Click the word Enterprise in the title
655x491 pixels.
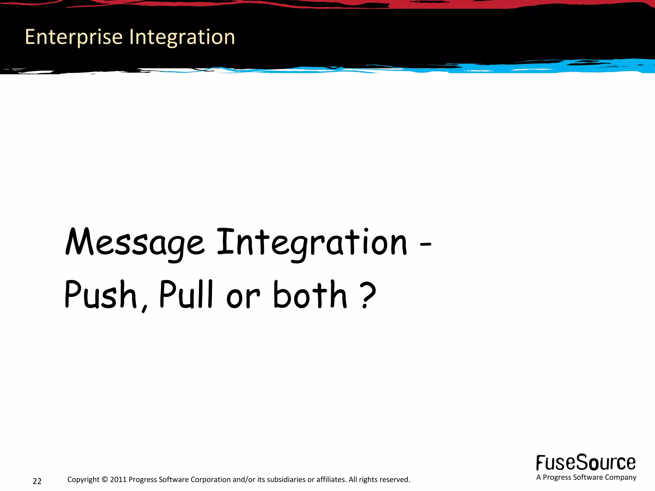tap(74, 37)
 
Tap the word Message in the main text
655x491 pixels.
tap(134, 243)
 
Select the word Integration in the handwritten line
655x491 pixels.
tap(312, 243)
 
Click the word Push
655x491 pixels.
tap(101, 295)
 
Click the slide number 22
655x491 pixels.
tap(37, 481)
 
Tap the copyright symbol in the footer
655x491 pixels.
tap(105, 479)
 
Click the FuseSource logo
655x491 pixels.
tap(586, 463)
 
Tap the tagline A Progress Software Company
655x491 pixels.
tap(586, 477)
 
